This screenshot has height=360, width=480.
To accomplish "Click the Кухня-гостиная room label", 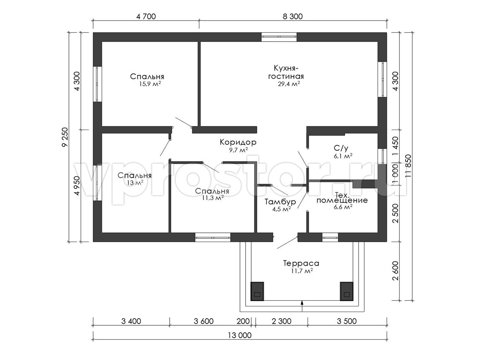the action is point(286,72).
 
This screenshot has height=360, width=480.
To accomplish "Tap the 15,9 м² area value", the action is point(150,84).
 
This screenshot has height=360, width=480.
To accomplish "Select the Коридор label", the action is point(238,142).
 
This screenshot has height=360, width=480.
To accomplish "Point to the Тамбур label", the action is point(280,202).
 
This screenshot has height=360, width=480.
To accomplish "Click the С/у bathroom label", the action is point(341,148).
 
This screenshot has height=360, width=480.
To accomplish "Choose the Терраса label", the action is point(301,263).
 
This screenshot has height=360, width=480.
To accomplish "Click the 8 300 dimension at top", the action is point(292,16).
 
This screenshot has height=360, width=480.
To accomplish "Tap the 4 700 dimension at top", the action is point(146,16).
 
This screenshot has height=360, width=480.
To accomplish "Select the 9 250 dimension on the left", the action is point(65,137).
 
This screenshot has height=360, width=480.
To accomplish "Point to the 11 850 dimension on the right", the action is point(408,166).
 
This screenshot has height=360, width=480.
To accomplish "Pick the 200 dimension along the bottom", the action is point(243,321).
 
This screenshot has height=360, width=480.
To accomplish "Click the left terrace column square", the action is point(257,291).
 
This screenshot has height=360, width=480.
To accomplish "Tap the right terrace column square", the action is point(347,291).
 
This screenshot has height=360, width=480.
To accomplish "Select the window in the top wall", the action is point(279,37).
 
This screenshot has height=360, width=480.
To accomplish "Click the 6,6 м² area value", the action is point(343,207).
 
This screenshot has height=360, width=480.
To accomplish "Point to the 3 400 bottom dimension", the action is point(131,321).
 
